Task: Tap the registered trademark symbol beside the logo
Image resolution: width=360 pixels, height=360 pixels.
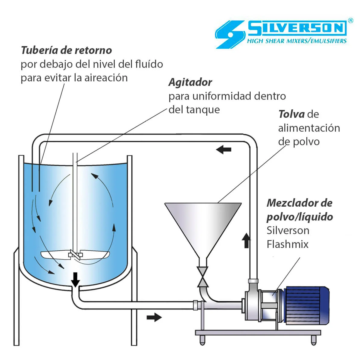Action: pyautogui.click(x=350, y=20)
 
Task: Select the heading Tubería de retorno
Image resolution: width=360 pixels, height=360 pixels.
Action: pyautogui.click(x=66, y=50)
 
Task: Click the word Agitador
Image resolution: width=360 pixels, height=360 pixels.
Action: pyautogui.click(x=190, y=82)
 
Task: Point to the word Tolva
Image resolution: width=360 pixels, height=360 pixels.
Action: pyautogui.click(x=291, y=114)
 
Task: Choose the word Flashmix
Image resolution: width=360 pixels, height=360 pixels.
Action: pyautogui.click(x=287, y=244)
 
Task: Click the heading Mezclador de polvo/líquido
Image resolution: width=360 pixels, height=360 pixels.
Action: pyautogui.click(x=299, y=210)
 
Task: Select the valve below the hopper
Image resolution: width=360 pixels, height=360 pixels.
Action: pyautogui.click(x=203, y=276)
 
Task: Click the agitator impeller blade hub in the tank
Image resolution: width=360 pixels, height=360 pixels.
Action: pyautogui.click(x=75, y=255)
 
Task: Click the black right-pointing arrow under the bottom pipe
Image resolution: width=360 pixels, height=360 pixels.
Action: pyautogui.click(x=154, y=317)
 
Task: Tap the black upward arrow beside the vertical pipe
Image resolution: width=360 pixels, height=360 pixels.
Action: pyautogui.click(x=246, y=240)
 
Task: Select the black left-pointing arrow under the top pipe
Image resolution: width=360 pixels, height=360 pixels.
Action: pyautogui.click(x=224, y=149)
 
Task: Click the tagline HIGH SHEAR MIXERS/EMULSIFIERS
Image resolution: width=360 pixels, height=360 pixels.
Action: pyautogui.click(x=296, y=41)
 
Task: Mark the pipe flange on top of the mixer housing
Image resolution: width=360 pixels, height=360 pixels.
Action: pyautogui.click(x=253, y=281)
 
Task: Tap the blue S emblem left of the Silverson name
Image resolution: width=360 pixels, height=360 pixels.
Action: pyautogui.click(x=229, y=34)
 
